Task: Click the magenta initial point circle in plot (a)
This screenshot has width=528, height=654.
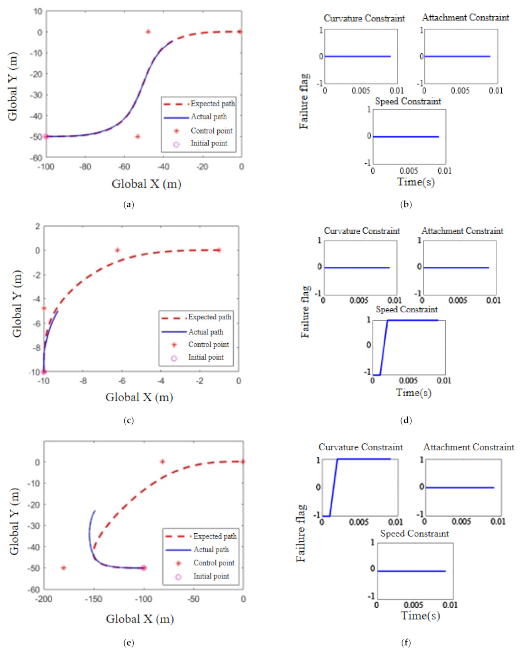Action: [x=46, y=136]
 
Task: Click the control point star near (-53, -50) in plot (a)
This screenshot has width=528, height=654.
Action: [x=138, y=137]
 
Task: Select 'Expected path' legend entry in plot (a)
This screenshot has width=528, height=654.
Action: [x=213, y=104]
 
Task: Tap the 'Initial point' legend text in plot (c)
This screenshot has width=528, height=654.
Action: [x=206, y=357]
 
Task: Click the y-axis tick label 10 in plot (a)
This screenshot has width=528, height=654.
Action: [x=38, y=12]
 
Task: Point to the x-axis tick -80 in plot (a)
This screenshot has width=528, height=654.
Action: [x=85, y=167]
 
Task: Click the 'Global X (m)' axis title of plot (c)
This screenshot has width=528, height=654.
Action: [x=139, y=397]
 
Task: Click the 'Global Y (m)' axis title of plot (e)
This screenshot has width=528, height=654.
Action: [x=14, y=521]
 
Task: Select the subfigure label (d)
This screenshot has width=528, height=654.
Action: [x=406, y=420]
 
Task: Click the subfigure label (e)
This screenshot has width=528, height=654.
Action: [x=128, y=642]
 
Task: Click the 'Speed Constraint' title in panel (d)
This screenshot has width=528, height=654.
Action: [x=406, y=309]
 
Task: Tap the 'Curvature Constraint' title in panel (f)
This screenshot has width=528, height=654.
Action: [x=361, y=447]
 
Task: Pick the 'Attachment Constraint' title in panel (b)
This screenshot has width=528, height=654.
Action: [x=465, y=18]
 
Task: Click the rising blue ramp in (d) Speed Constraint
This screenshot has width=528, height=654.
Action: [x=384, y=347]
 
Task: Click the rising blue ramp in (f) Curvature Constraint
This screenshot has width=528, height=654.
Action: [x=334, y=488]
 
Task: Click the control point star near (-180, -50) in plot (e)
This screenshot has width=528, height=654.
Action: [x=63, y=568]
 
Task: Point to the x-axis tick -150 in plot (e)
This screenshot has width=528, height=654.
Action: [x=93, y=599]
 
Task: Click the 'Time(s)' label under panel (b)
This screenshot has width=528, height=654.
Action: [x=416, y=182]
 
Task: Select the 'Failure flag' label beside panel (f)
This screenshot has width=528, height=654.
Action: [x=301, y=533]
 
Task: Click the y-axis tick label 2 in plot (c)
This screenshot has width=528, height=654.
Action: [x=37, y=226]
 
